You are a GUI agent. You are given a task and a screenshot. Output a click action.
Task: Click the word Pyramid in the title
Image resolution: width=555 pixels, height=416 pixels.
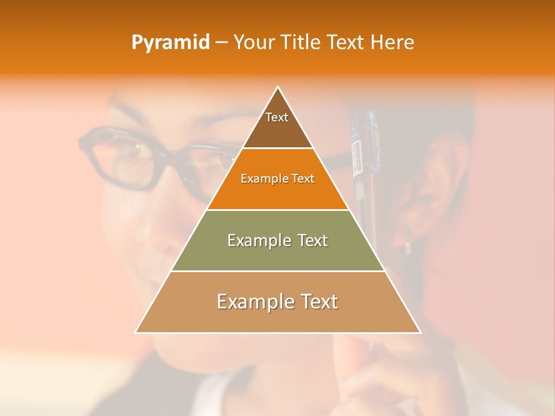(170, 43)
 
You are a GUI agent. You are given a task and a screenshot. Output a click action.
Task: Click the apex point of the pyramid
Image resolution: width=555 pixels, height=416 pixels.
(278, 87)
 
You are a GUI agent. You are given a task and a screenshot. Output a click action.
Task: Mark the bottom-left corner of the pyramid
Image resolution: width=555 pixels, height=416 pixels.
(136, 332)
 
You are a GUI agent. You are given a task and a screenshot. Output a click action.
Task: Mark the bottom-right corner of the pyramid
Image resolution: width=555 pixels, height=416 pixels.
(420, 332)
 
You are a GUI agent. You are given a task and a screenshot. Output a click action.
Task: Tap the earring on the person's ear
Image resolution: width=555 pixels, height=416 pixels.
(408, 247)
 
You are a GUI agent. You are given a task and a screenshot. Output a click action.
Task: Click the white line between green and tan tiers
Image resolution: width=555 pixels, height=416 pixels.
(277, 271)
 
